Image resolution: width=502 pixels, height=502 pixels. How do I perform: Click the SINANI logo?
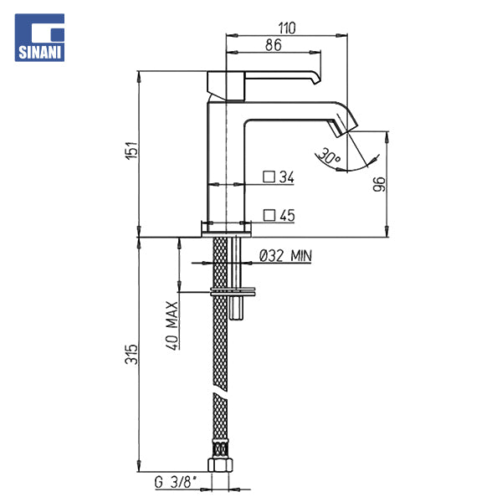click(x=39, y=38)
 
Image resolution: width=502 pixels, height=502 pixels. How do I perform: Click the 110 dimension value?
click(x=286, y=28)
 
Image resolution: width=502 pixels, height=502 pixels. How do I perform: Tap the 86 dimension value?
click(x=273, y=45)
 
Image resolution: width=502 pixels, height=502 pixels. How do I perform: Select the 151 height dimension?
click(x=131, y=150)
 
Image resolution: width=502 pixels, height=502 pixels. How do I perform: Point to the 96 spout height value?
click(x=379, y=184)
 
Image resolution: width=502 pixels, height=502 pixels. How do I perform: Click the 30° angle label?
click(x=329, y=156)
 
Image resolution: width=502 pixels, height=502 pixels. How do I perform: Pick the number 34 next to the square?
click(x=286, y=177)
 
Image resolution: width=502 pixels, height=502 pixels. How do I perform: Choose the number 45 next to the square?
click(x=287, y=216)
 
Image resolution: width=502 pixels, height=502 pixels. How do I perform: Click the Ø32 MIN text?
click(x=285, y=256)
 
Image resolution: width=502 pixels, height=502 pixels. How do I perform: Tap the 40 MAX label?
click(x=172, y=325)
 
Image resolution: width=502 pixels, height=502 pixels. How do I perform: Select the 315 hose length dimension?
click(x=131, y=355)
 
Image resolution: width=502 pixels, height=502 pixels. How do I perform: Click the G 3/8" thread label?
click(x=176, y=483)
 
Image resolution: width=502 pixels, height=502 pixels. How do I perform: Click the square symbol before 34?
click(x=269, y=177)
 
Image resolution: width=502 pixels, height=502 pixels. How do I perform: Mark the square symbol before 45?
click(x=269, y=216)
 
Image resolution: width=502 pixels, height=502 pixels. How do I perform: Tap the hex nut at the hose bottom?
click(x=220, y=465)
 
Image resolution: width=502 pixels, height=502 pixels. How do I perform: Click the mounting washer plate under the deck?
click(x=233, y=292)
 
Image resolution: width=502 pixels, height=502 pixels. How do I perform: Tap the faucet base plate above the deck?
click(x=226, y=229)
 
